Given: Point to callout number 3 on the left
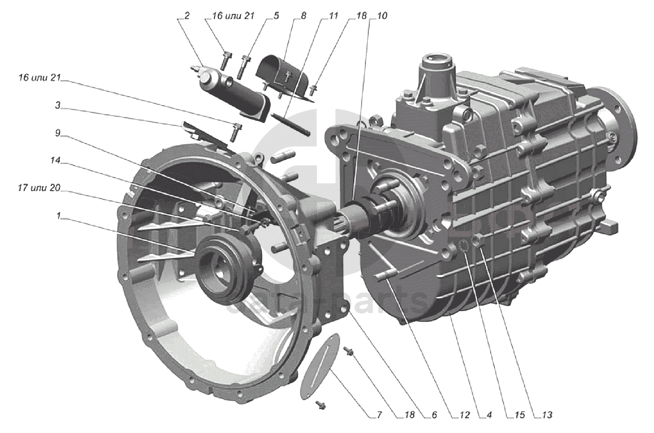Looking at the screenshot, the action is [58, 106].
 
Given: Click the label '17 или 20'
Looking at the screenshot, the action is [39, 189].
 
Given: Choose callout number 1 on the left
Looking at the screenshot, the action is [58, 216].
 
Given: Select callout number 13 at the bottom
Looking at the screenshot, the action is [547, 415].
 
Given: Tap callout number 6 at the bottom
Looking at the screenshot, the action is [434, 415].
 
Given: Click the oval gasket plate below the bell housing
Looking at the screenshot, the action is [319, 366].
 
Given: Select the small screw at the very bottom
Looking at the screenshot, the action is [321, 405].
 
